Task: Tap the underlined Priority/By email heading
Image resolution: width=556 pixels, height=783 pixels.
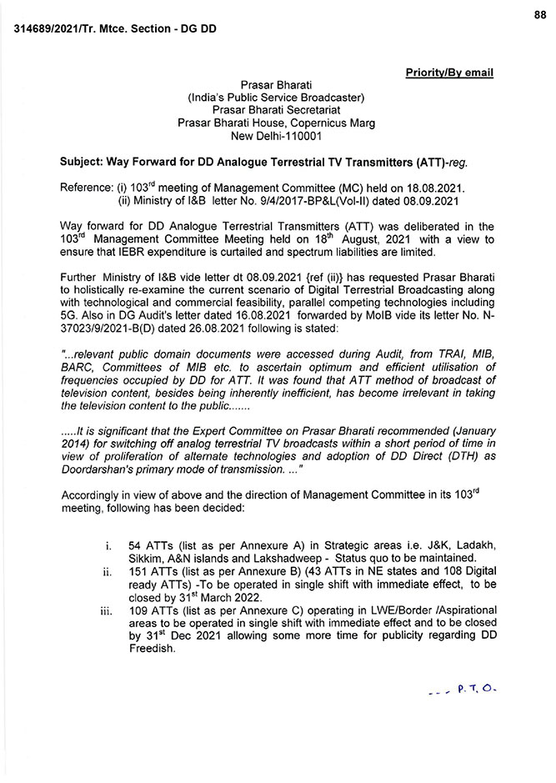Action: point(449,73)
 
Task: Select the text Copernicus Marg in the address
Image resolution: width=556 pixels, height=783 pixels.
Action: point(333,123)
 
